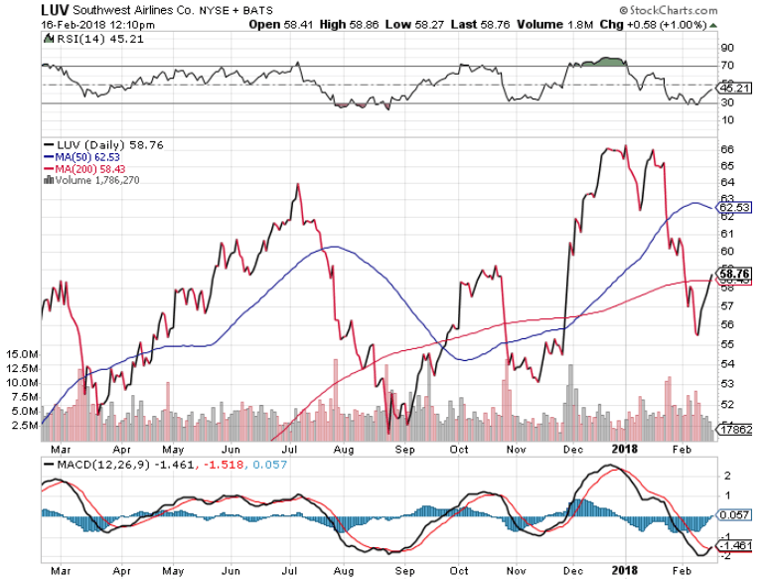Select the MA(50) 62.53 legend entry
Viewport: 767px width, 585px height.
[83, 156]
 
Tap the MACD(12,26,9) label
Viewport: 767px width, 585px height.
[93, 464]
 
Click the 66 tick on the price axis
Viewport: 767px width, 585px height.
[726, 149]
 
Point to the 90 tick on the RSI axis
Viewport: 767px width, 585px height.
[726, 47]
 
